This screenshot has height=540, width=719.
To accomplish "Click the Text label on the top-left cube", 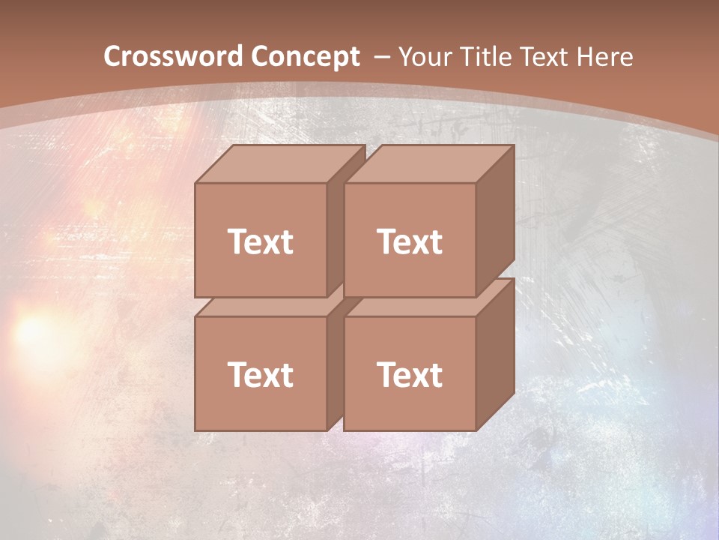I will coord(260,241).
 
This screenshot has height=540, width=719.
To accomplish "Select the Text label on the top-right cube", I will coord(409,241).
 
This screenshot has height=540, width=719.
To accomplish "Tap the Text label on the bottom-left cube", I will coord(260,374).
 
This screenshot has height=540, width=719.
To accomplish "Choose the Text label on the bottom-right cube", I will coord(409,374).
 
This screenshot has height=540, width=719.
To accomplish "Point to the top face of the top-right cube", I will coord(429,164).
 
